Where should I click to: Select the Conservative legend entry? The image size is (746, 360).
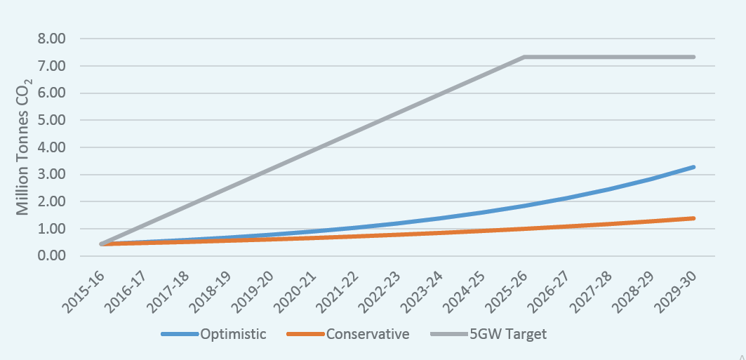tap(367, 334)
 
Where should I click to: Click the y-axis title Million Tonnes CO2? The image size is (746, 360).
tap(23, 147)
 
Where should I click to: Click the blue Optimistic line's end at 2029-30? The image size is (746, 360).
tap(693, 167)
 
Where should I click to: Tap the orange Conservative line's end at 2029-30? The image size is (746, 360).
tap(693, 218)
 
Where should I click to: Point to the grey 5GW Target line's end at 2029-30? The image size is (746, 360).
tap(693, 57)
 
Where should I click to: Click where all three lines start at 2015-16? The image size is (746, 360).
tap(102, 244)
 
